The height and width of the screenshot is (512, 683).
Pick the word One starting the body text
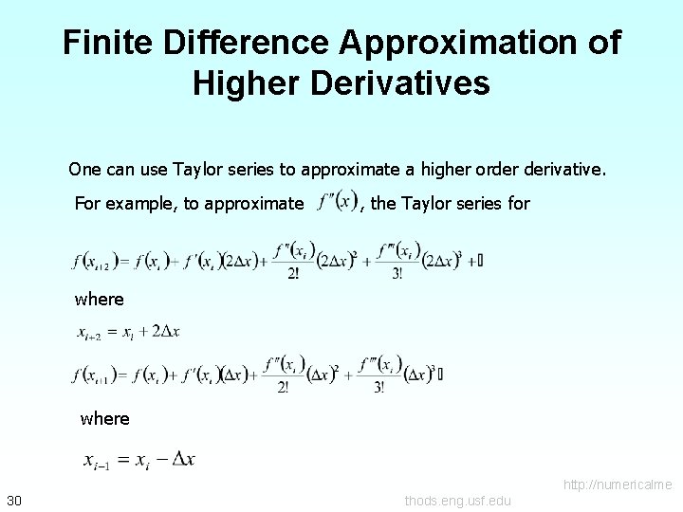(x=83, y=170)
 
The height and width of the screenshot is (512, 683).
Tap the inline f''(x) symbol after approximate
(x=338, y=202)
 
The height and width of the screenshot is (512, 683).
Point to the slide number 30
(x=14, y=501)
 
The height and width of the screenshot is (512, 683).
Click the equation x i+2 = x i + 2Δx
(x=128, y=332)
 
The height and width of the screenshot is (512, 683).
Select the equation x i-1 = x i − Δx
(x=139, y=461)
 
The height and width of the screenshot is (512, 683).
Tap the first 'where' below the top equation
(x=100, y=300)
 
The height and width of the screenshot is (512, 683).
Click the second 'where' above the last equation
(x=105, y=418)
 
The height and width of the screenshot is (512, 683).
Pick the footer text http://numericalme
(x=618, y=485)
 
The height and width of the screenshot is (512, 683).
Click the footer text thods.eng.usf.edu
(x=457, y=501)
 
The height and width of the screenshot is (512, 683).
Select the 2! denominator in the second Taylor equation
(x=285, y=387)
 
